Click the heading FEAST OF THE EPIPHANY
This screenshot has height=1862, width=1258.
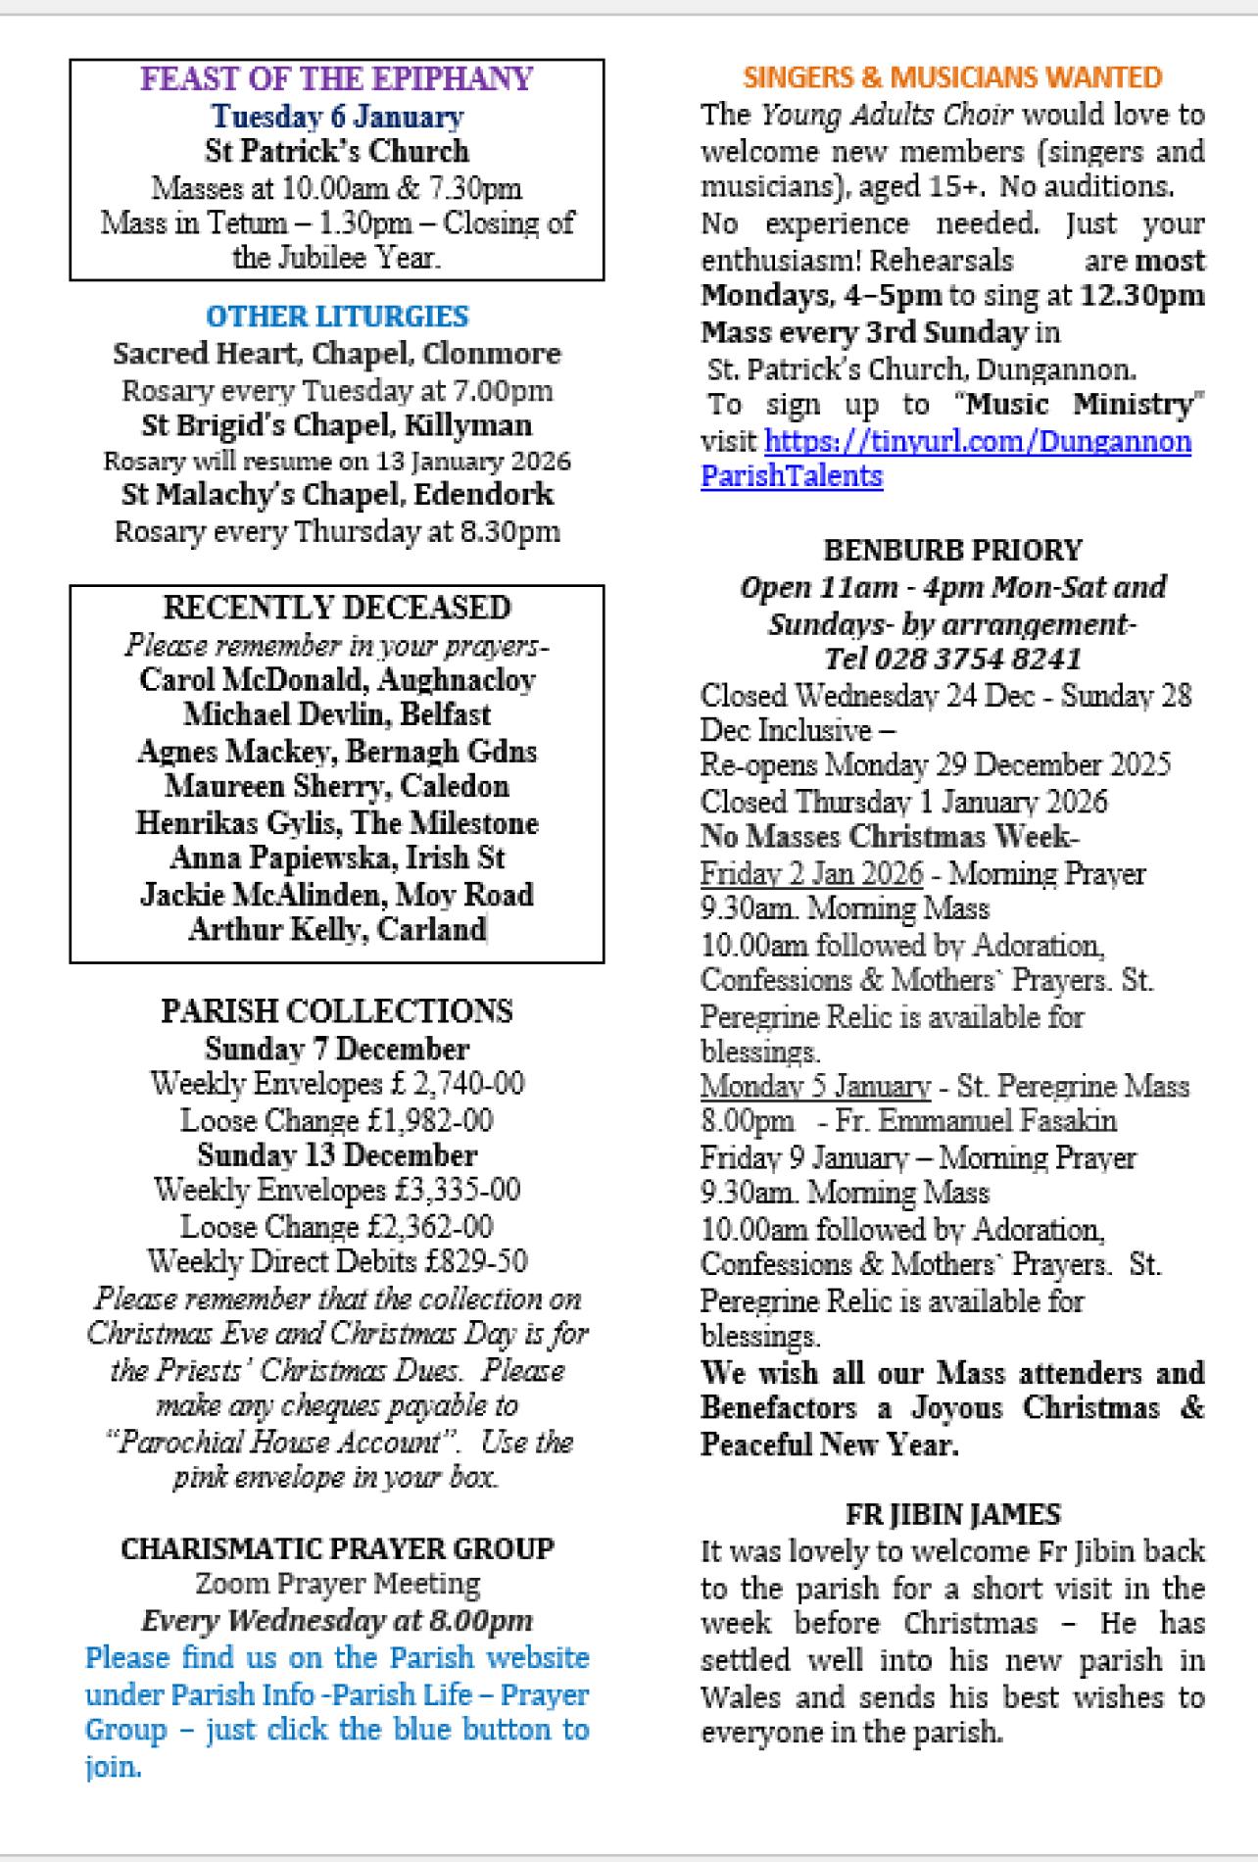[337, 79]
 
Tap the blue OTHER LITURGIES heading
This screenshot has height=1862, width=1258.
[337, 317]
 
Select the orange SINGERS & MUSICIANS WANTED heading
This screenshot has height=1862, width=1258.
[952, 77]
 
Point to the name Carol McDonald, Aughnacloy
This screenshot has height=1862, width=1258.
[337, 679]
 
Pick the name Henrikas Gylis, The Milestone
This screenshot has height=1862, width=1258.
[337, 822]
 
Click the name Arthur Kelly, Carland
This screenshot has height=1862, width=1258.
[337, 929]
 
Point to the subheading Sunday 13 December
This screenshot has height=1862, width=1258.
[337, 1154]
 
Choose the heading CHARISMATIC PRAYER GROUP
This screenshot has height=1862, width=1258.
[337, 1548]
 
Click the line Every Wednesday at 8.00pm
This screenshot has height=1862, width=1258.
[337, 1620]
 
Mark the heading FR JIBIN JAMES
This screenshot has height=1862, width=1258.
[952, 1515]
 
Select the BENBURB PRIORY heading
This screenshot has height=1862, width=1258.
[952, 550]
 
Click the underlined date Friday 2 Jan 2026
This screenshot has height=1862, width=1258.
[811, 873]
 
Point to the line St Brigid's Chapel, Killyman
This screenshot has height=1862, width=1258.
[337, 425]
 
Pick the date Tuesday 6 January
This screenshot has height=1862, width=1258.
[337, 117]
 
